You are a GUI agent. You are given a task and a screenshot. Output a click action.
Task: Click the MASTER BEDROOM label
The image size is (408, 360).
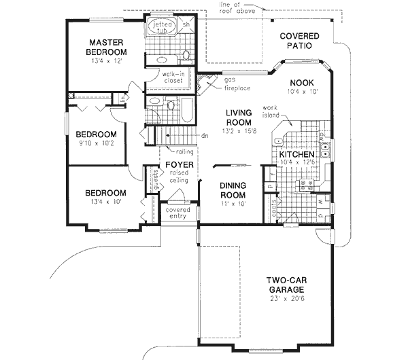click(x=107, y=48)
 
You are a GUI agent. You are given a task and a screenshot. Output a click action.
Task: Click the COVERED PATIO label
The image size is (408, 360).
click(x=294, y=42)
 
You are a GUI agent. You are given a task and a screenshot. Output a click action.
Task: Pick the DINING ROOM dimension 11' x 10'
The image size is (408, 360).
click(x=231, y=203)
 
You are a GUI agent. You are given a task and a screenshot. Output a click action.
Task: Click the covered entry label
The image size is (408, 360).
click(x=178, y=213)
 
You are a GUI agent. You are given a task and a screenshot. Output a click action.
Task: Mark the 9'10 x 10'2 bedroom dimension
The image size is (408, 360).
click(x=96, y=144)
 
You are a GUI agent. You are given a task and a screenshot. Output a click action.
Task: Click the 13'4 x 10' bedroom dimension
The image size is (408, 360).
click(x=105, y=202)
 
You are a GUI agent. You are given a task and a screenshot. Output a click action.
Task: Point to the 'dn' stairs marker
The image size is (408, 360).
click(x=205, y=136)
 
